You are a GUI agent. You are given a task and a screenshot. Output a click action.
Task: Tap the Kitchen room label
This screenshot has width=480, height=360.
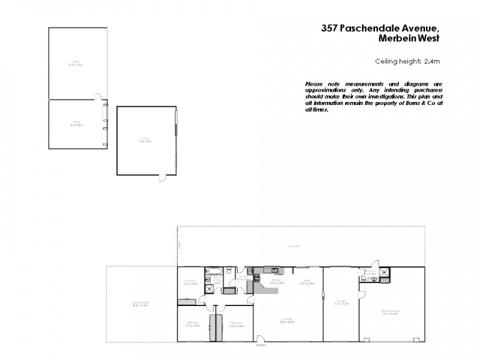tap(277, 281)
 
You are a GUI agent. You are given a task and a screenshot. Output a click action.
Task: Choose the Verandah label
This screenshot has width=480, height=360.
tap(294, 247)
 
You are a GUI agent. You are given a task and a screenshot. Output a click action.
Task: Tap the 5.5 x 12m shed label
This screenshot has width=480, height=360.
tap(76, 62)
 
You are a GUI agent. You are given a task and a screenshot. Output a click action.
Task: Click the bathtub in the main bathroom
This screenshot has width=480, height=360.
tap(212, 271)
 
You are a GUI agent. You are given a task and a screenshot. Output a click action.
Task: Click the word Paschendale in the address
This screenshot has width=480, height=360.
tap(367, 28)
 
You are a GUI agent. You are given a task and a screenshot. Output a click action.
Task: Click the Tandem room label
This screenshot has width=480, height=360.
tap(341, 303)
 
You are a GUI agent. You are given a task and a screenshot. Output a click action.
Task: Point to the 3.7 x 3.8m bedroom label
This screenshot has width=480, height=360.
tap(192, 325)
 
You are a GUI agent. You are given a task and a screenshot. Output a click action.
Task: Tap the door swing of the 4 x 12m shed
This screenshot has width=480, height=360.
tap(163, 177)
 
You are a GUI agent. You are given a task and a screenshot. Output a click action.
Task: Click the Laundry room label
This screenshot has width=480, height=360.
tap(242, 278)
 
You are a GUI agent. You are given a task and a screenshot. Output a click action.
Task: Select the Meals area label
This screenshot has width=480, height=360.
tap(307, 281)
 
